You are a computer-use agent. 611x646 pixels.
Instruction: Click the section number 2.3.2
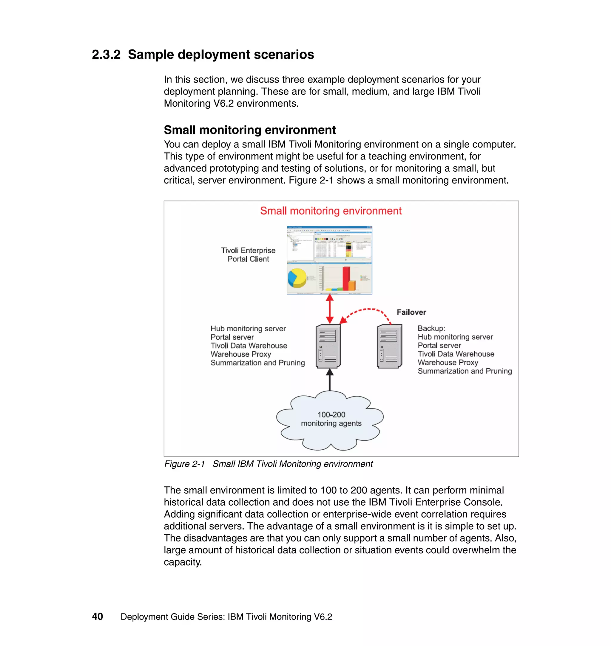[106, 55]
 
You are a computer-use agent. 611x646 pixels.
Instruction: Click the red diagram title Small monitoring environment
[331, 211]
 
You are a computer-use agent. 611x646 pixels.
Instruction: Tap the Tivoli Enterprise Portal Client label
[248, 255]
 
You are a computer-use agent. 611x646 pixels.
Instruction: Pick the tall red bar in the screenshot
[346, 278]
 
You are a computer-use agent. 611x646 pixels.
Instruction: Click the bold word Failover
[411, 312]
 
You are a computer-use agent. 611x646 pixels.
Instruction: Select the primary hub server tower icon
[328, 346]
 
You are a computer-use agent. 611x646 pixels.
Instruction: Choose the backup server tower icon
[389, 346]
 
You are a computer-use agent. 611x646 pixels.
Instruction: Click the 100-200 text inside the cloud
[331, 415]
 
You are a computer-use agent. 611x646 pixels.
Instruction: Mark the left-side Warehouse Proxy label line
[241, 354]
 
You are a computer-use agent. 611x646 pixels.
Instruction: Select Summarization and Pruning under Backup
[465, 371]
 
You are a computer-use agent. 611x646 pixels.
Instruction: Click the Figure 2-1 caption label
[184, 464]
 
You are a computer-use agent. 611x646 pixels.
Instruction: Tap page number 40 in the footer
[97, 617]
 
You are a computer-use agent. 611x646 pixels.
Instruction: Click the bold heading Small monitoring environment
[249, 130]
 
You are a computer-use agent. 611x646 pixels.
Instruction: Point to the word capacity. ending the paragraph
[183, 562]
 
